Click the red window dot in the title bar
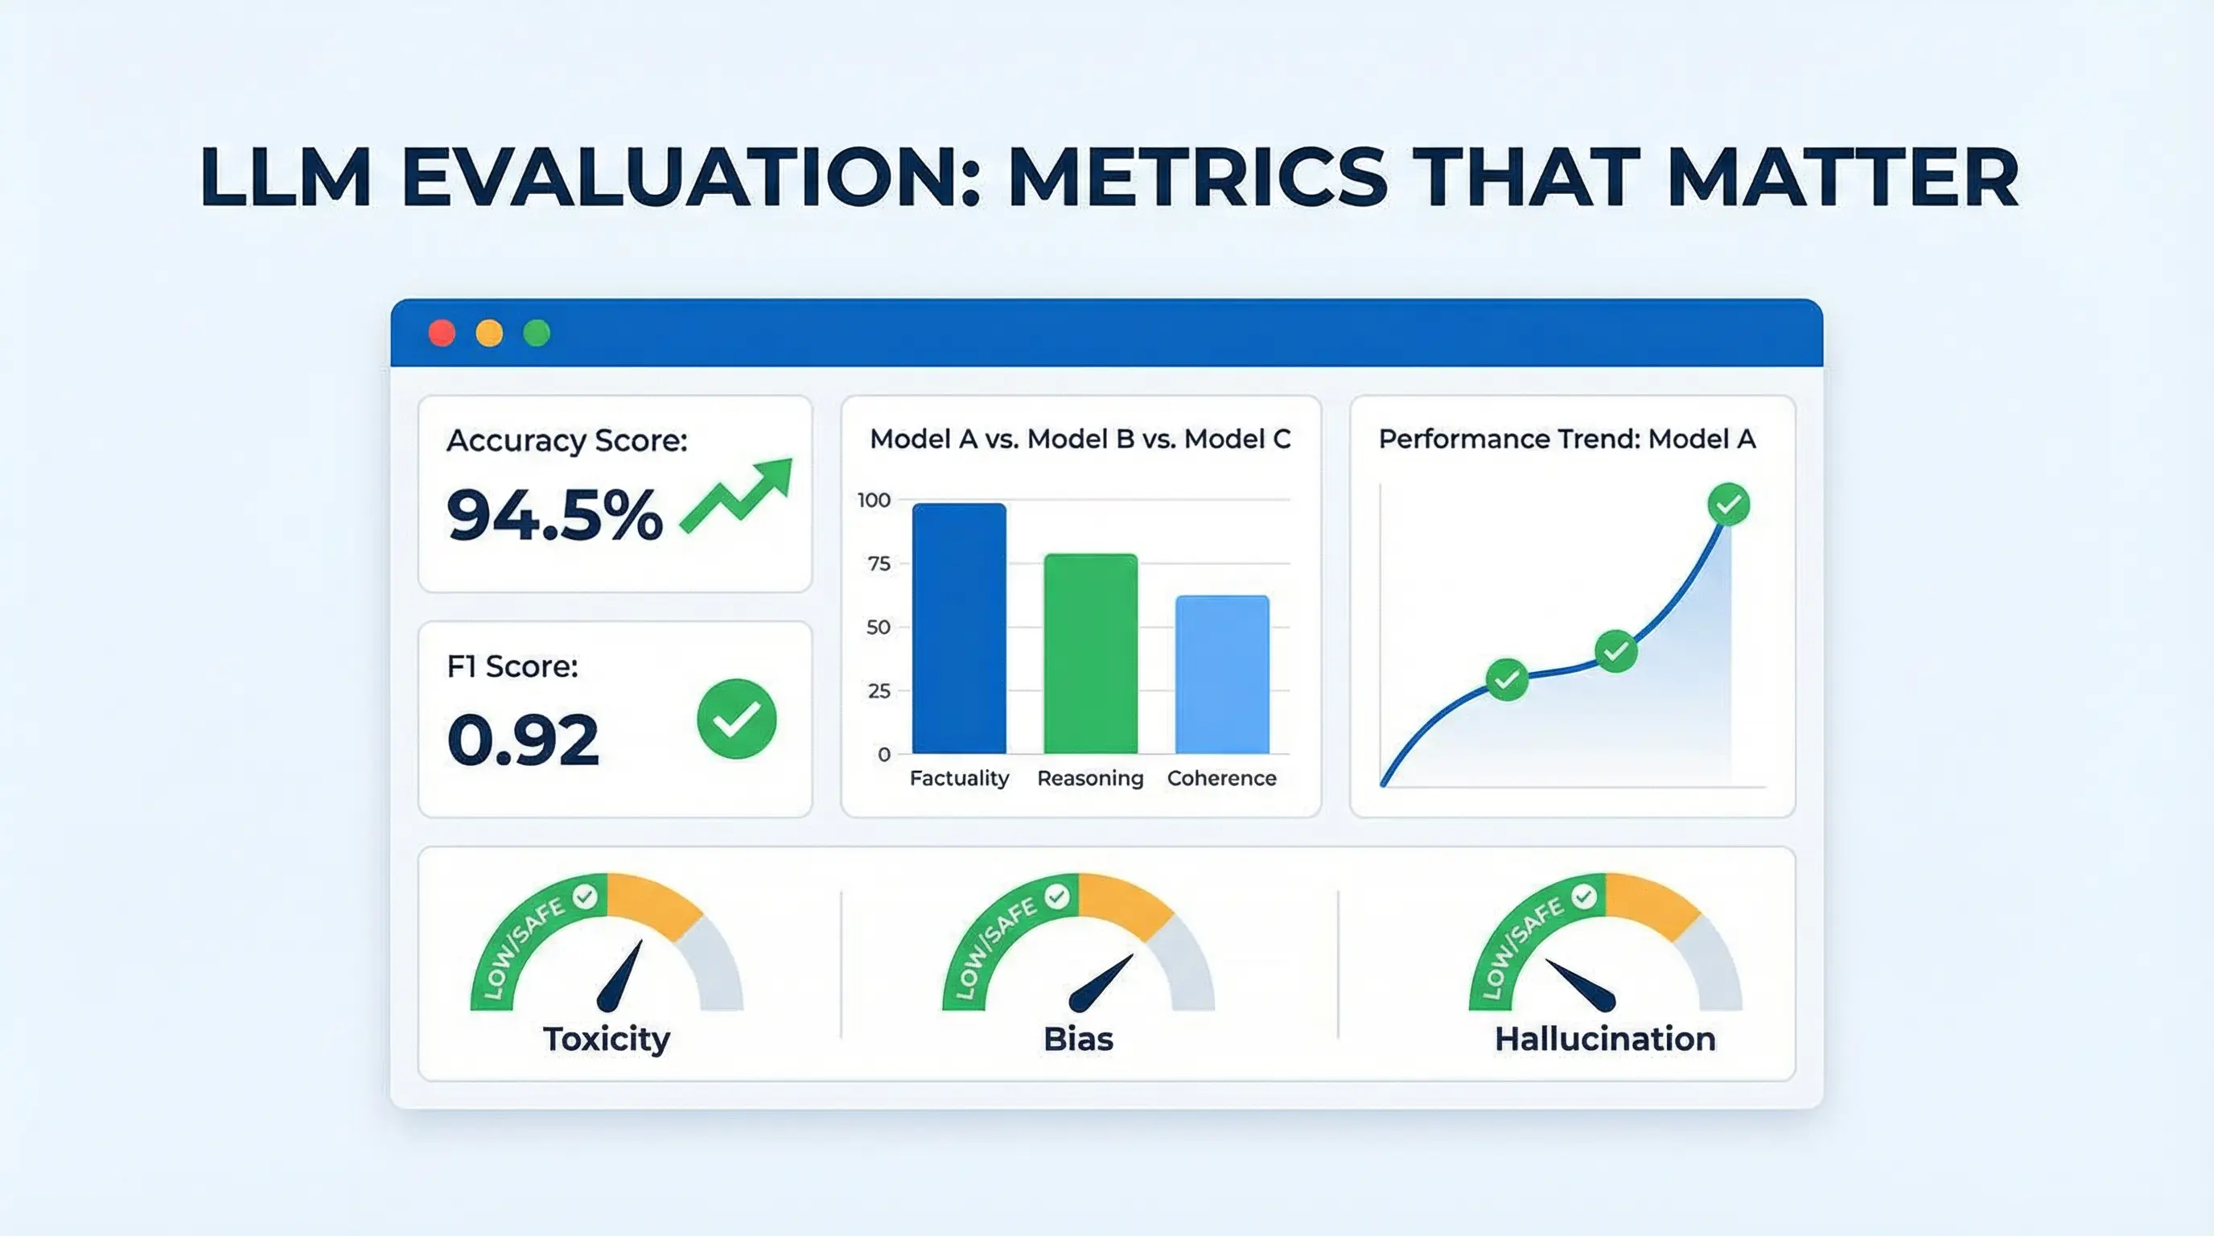pos(442,332)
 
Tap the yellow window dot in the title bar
pos(489,332)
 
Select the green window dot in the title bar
pos(537,332)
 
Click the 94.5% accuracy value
pos(554,515)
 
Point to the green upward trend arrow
pos(737,496)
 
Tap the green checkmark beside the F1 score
pos(737,719)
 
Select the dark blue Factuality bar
pos(959,628)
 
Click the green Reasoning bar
pos(1091,653)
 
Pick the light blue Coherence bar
pos(1221,674)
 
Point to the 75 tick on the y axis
pos(879,564)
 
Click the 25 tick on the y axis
pos(879,691)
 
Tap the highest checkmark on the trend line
pos(1728,505)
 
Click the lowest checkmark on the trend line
pos(1507,680)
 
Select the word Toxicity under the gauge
pos(606,1039)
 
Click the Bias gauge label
pos(1078,1039)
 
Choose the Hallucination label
pos(1605,1039)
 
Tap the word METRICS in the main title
pos(1196,177)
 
